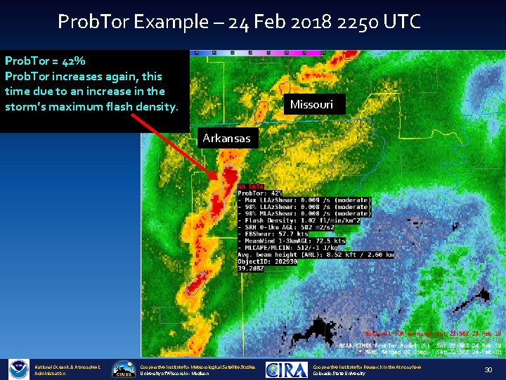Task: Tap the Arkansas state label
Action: pyautogui.click(x=226, y=138)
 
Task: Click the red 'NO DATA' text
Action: pyautogui.click(x=251, y=186)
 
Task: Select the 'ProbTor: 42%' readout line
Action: pyautogui.click(x=260, y=194)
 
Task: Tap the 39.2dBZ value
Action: pyautogui.click(x=252, y=267)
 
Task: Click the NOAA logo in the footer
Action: pyautogui.click(x=18, y=369)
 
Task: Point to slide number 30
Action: pyautogui.click(x=488, y=370)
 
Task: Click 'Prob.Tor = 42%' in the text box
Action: pyautogui.click(x=45, y=61)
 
